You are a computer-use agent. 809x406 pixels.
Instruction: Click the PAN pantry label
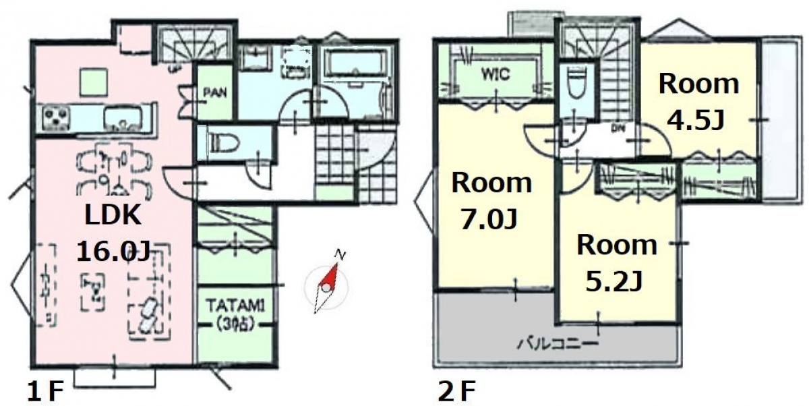point(215,93)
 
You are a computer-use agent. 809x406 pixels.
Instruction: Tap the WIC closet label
point(496,74)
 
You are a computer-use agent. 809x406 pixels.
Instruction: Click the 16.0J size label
point(113,251)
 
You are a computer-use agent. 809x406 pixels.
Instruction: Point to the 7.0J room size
point(489,220)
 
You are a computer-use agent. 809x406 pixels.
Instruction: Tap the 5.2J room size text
point(614,282)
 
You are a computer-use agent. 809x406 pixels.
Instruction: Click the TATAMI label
point(235,306)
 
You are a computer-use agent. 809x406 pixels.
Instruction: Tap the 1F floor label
point(46,392)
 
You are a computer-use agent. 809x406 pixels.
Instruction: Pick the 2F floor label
point(456,392)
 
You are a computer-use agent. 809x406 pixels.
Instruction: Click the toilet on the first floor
point(224,144)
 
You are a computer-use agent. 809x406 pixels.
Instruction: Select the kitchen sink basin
point(123,118)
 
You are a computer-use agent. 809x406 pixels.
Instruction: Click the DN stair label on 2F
point(618,127)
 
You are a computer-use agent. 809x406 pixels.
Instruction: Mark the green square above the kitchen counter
point(94,83)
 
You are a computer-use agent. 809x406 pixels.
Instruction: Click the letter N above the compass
point(340,254)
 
